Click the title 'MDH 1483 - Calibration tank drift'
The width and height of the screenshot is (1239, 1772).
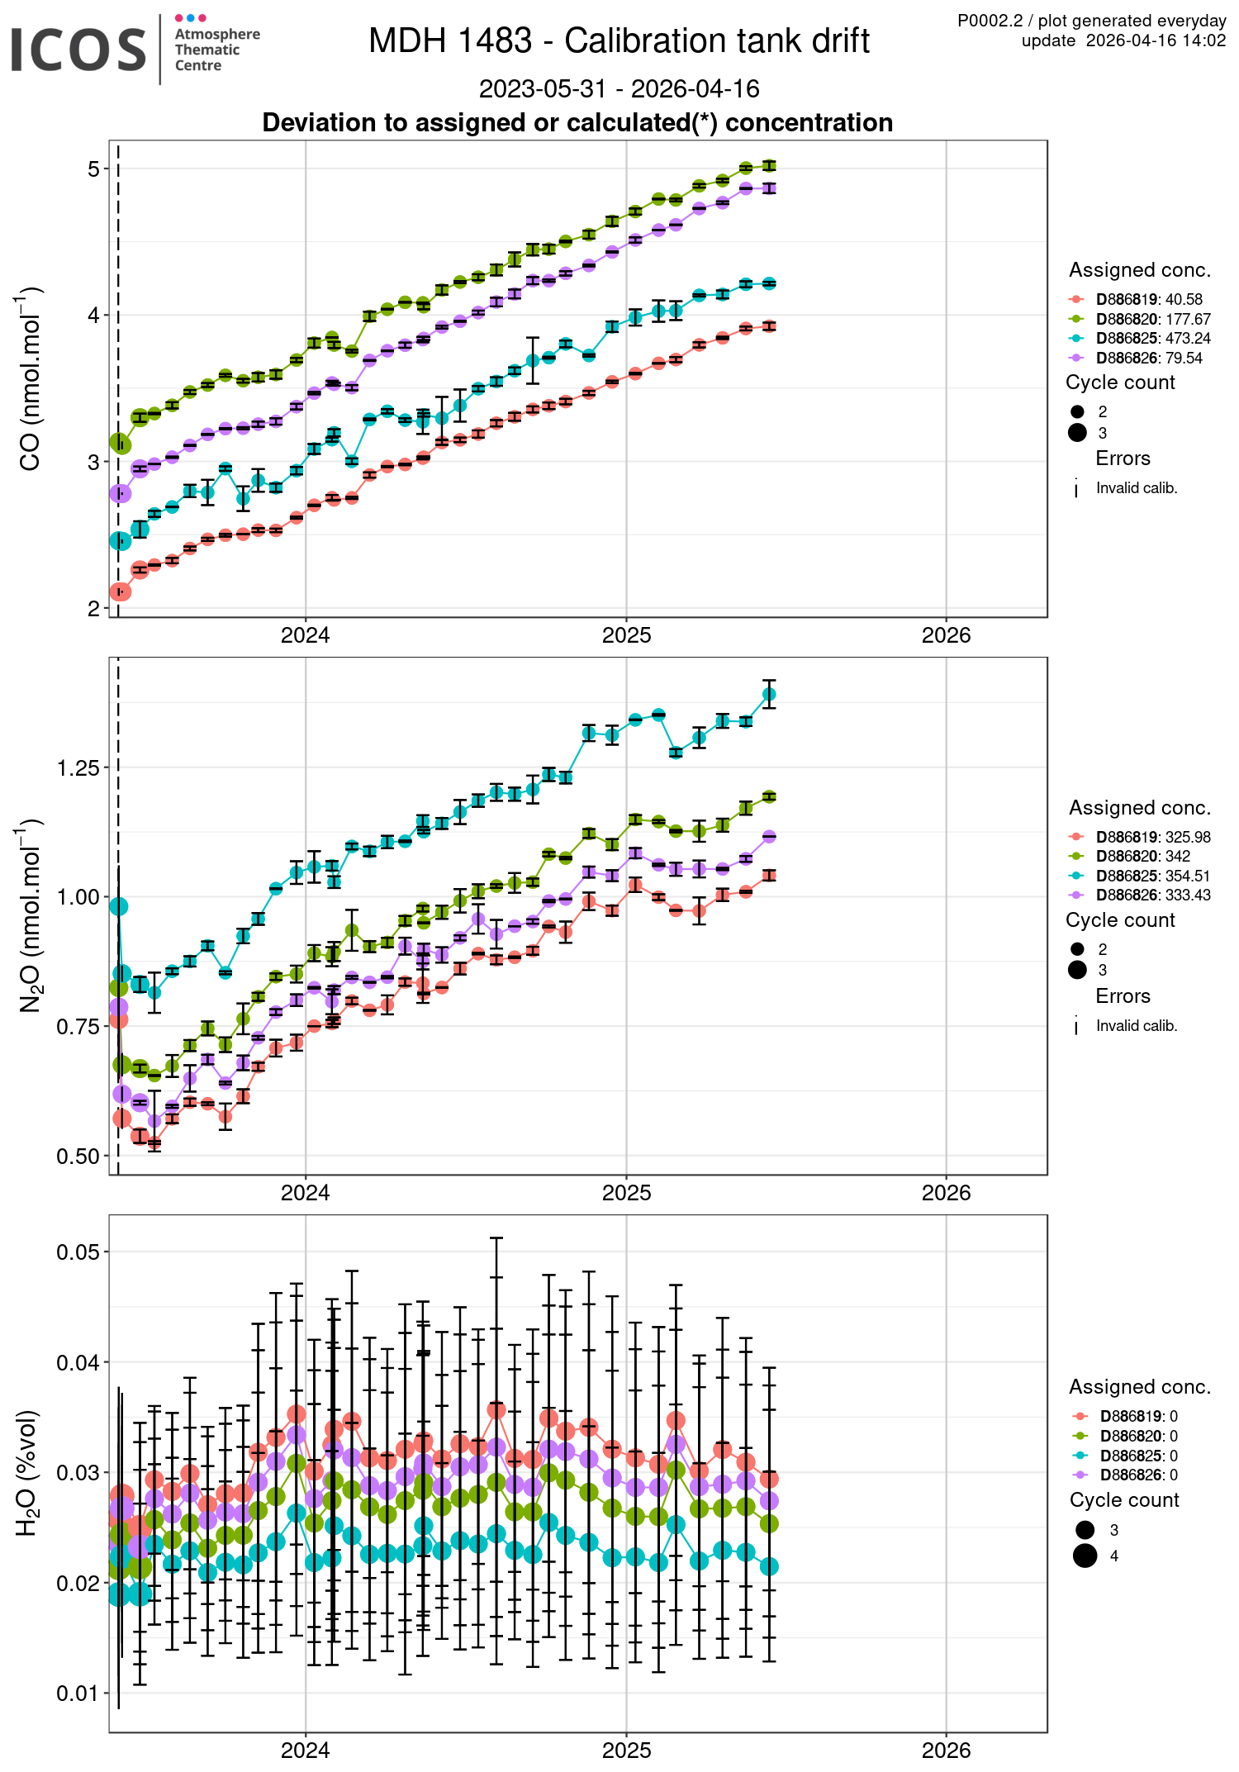tap(619, 40)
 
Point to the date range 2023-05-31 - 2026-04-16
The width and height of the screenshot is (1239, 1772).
tap(619, 88)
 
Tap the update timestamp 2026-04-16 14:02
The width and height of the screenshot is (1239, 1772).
tap(1156, 40)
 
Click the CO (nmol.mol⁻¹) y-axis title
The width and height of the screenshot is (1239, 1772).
tap(31, 379)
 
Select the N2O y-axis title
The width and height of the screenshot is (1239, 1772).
tap(31, 915)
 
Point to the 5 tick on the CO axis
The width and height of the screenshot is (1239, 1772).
tap(93, 169)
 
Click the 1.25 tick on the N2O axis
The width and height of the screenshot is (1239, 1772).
tap(78, 768)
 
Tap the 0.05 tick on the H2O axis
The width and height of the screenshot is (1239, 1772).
tap(78, 1252)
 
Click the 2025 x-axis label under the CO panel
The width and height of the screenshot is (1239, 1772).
tap(626, 635)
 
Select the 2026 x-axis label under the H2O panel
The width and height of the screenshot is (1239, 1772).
tap(946, 1750)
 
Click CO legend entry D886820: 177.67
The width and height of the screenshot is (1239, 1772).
tap(1153, 319)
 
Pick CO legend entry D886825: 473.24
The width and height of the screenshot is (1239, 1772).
tap(1153, 338)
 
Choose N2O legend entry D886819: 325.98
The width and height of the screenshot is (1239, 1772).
tap(1153, 837)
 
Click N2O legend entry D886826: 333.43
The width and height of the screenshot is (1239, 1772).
tap(1153, 895)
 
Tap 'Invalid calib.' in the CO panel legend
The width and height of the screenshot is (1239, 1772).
tap(1136, 488)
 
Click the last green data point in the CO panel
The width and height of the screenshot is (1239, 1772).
tap(769, 166)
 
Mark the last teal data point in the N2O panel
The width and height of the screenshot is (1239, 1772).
tap(769, 694)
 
